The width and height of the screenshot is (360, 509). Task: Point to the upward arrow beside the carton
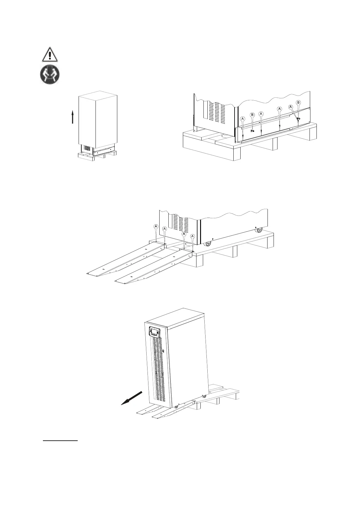point(73,117)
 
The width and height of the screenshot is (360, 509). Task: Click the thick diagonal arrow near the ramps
point(131,397)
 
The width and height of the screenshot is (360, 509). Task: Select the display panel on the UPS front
point(155,332)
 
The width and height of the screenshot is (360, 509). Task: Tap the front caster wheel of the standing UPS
point(176,407)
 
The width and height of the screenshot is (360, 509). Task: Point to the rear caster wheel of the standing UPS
point(204,396)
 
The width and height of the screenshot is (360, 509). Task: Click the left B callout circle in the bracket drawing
point(253,115)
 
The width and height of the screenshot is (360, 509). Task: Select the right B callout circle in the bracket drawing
point(299,103)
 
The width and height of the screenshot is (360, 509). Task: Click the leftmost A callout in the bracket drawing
point(242,119)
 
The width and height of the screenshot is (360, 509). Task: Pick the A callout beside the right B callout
point(291,107)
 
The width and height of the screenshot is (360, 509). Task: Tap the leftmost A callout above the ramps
point(156,226)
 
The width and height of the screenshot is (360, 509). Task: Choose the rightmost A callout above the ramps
point(192,236)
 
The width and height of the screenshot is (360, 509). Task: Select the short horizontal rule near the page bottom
point(60,441)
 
